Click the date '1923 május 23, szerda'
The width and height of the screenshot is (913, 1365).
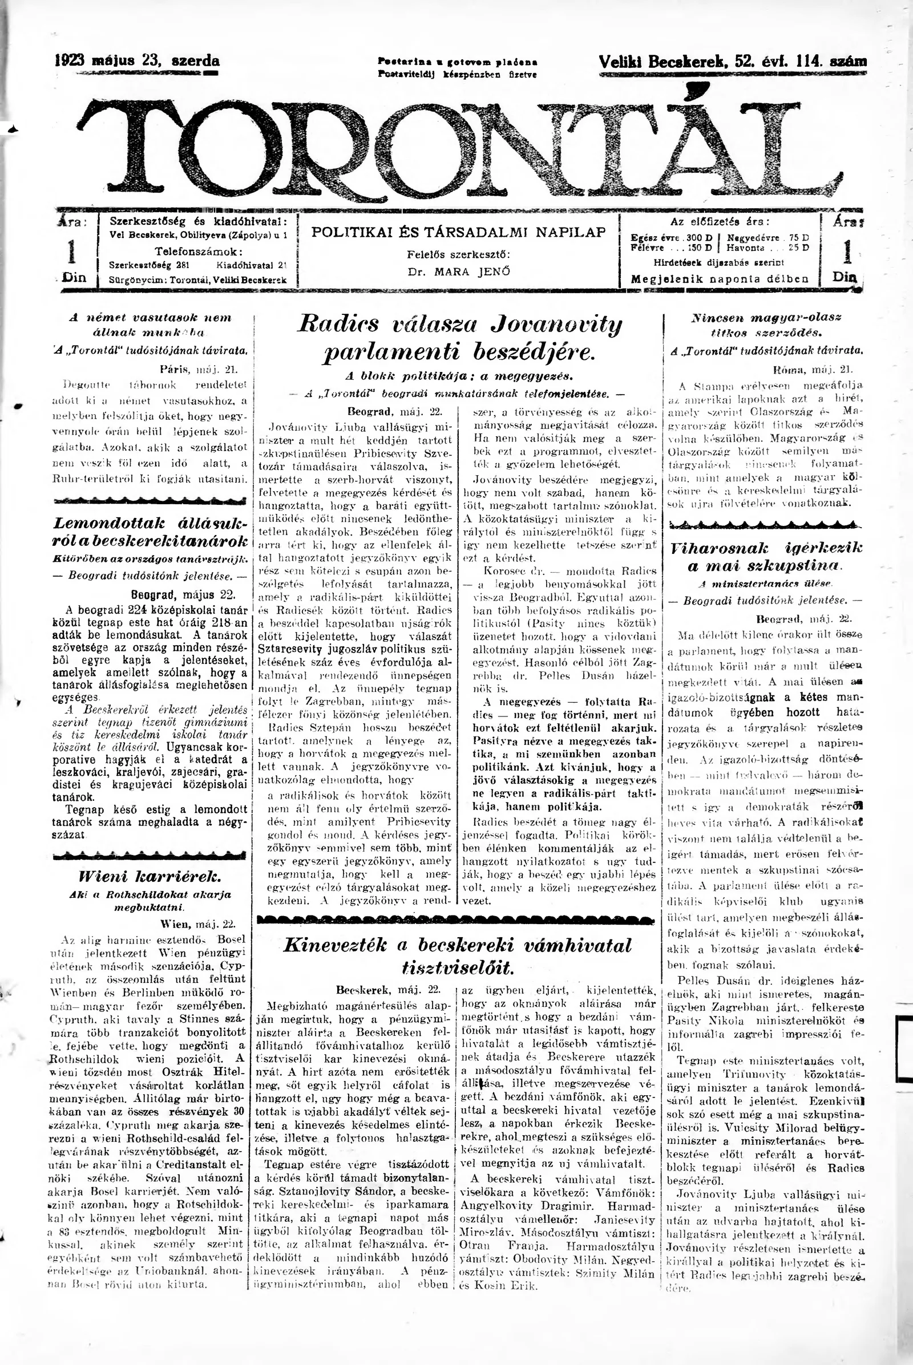138,60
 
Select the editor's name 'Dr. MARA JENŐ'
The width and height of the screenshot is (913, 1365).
459,271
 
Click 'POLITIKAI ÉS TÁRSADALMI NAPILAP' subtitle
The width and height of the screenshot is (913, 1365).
459,232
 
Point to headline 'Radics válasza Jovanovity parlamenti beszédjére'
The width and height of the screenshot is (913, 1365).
459,338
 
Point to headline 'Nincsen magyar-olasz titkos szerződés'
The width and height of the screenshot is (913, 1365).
766,325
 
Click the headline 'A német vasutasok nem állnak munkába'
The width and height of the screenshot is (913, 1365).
150,325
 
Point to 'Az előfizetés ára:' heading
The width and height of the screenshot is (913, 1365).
720,222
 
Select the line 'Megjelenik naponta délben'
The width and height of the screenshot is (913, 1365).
720,278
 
